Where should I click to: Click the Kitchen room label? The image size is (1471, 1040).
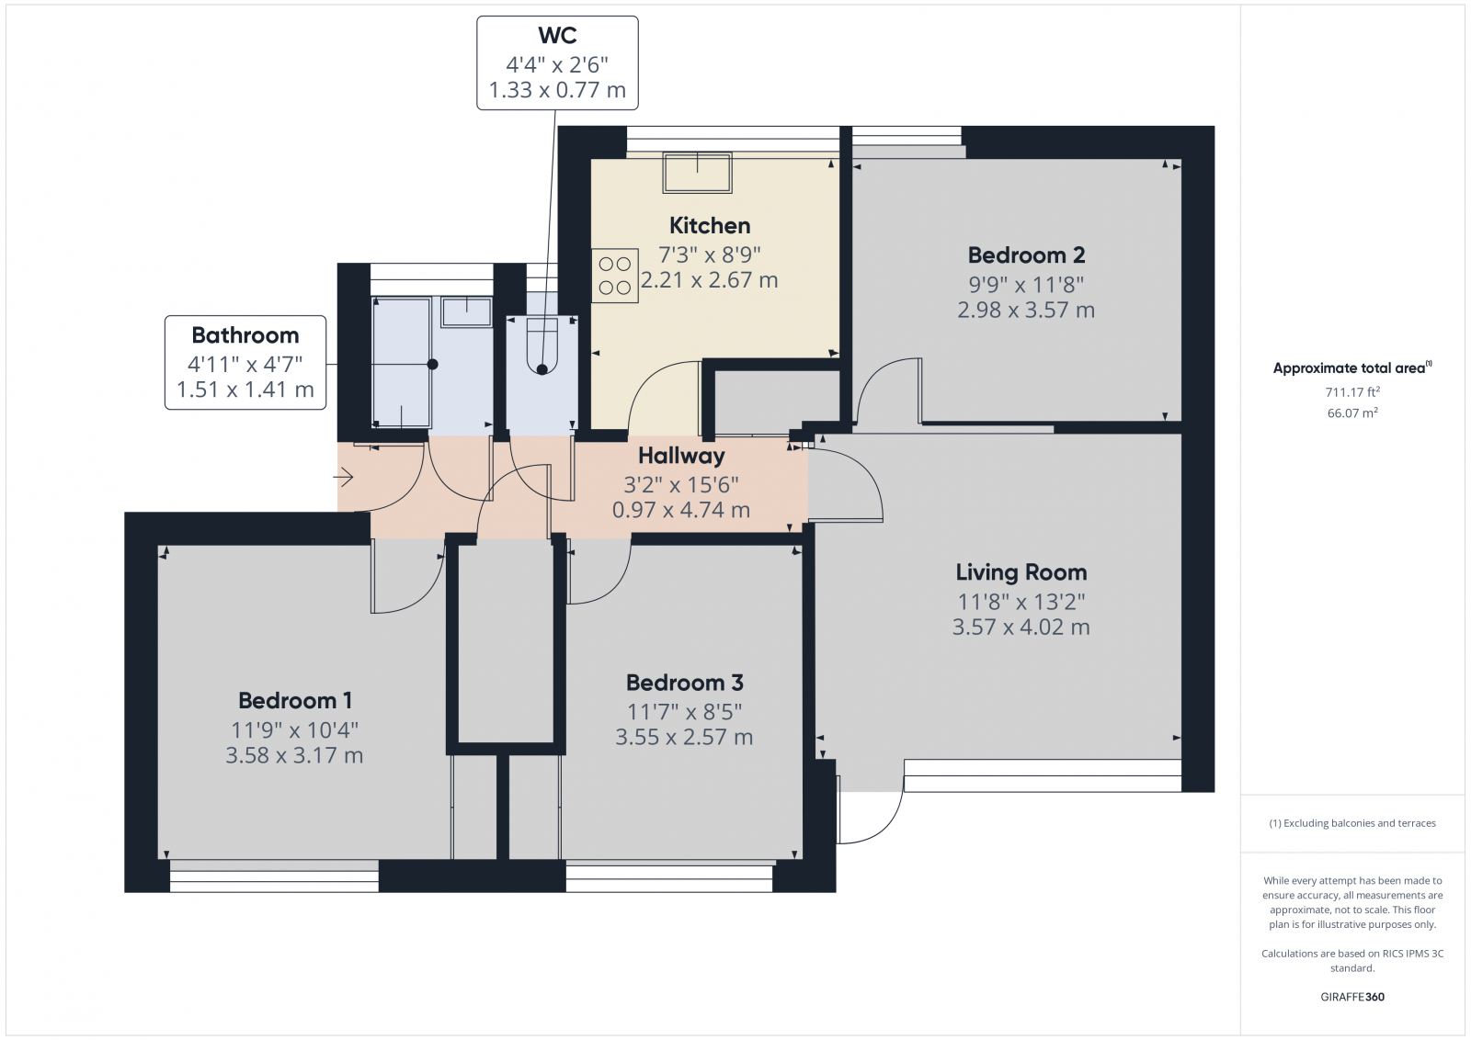[x=709, y=226]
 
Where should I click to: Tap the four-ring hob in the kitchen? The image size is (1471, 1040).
[x=615, y=276]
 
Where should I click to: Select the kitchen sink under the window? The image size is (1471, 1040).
[x=698, y=173]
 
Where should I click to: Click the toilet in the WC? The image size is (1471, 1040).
[x=542, y=344]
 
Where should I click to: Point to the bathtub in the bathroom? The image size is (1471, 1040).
[x=401, y=362]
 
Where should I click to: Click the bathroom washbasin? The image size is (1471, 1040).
[x=466, y=311]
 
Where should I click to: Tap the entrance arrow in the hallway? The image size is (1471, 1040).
[x=344, y=477]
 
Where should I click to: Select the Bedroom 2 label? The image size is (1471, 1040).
[x=1026, y=255]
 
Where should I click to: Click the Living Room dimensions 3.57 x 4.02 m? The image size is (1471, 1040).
[x=1021, y=627]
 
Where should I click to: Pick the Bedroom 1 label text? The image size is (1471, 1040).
[x=295, y=701]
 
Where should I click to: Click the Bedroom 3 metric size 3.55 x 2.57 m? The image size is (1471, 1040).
[x=684, y=738]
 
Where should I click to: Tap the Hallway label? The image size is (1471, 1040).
[x=681, y=456]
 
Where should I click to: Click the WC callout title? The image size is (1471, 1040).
[x=557, y=36]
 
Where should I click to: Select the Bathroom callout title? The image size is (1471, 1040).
[x=245, y=335]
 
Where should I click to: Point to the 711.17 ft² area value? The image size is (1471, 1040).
[x=1352, y=392]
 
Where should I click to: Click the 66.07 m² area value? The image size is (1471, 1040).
[x=1352, y=413]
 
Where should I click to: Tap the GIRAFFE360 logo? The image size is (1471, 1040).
[x=1352, y=997]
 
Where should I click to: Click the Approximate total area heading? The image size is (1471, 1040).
[x=1352, y=368]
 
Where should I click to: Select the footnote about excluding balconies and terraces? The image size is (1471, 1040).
[x=1352, y=823]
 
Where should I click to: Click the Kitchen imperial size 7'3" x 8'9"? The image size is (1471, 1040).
[x=709, y=254]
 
